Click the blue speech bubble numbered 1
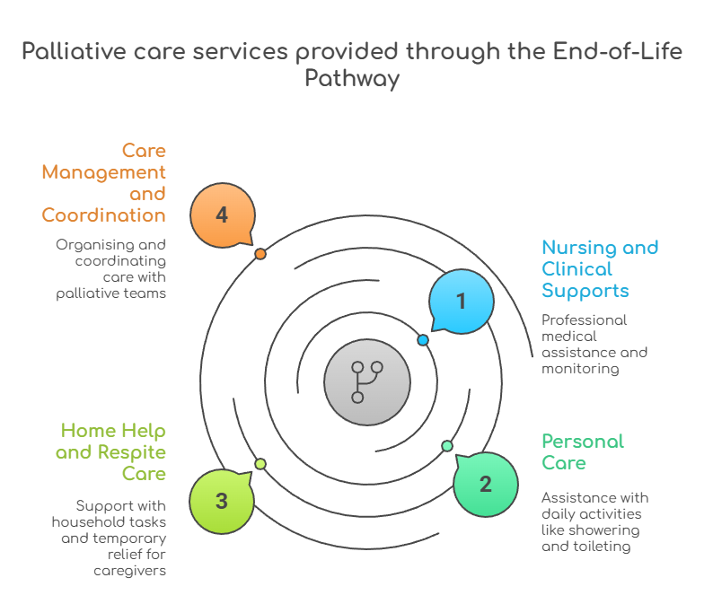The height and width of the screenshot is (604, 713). tap(462, 302)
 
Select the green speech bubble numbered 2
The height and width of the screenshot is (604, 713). tap(486, 485)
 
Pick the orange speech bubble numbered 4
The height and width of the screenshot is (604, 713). tap(222, 215)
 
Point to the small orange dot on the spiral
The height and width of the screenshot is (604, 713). tap(260, 254)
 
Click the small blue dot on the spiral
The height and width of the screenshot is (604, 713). tap(423, 340)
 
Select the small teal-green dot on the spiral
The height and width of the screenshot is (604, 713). tap(447, 446)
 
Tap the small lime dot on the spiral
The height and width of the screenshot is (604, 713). tap(260, 464)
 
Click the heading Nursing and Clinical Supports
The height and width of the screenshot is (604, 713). tap(599, 269)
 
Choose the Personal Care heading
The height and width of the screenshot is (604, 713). tap(582, 452)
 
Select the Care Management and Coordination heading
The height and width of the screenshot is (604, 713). tap(104, 183)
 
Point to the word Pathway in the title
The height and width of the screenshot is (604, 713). tap(351, 78)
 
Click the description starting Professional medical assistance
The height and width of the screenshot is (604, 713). tap(594, 344)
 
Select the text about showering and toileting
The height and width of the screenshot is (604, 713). tap(594, 521)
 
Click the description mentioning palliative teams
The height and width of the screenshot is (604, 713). tap(110, 268)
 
